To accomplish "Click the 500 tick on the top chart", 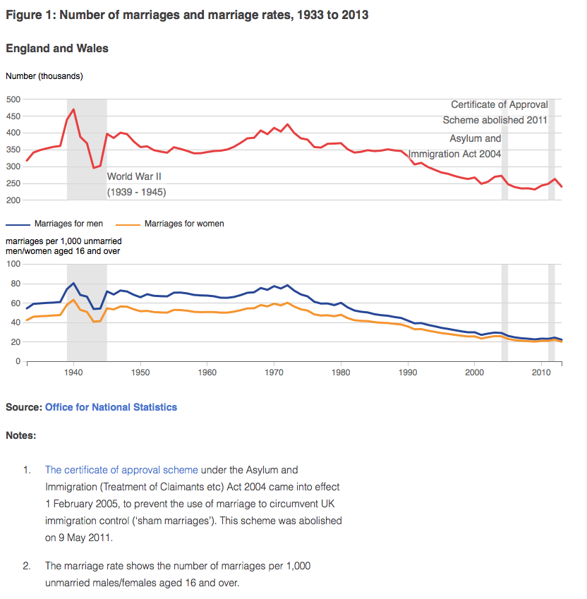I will (x=13, y=99).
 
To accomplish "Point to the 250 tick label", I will (x=13, y=183).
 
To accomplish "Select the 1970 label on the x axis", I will (x=274, y=371).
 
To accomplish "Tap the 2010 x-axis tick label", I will (x=541, y=371).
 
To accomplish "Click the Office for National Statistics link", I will (x=111, y=407).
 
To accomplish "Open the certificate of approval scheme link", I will (x=121, y=469).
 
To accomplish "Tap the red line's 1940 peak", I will (x=73, y=109).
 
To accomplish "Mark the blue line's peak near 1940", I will (x=73, y=283).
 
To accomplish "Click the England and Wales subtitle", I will (x=56, y=48).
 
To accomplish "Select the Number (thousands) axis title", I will (x=44, y=75).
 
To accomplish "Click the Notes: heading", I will (x=20, y=435).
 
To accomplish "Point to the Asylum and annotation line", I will (x=476, y=138).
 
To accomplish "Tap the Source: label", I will (x=23, y=407).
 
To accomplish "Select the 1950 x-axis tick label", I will (x=140, y=371).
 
